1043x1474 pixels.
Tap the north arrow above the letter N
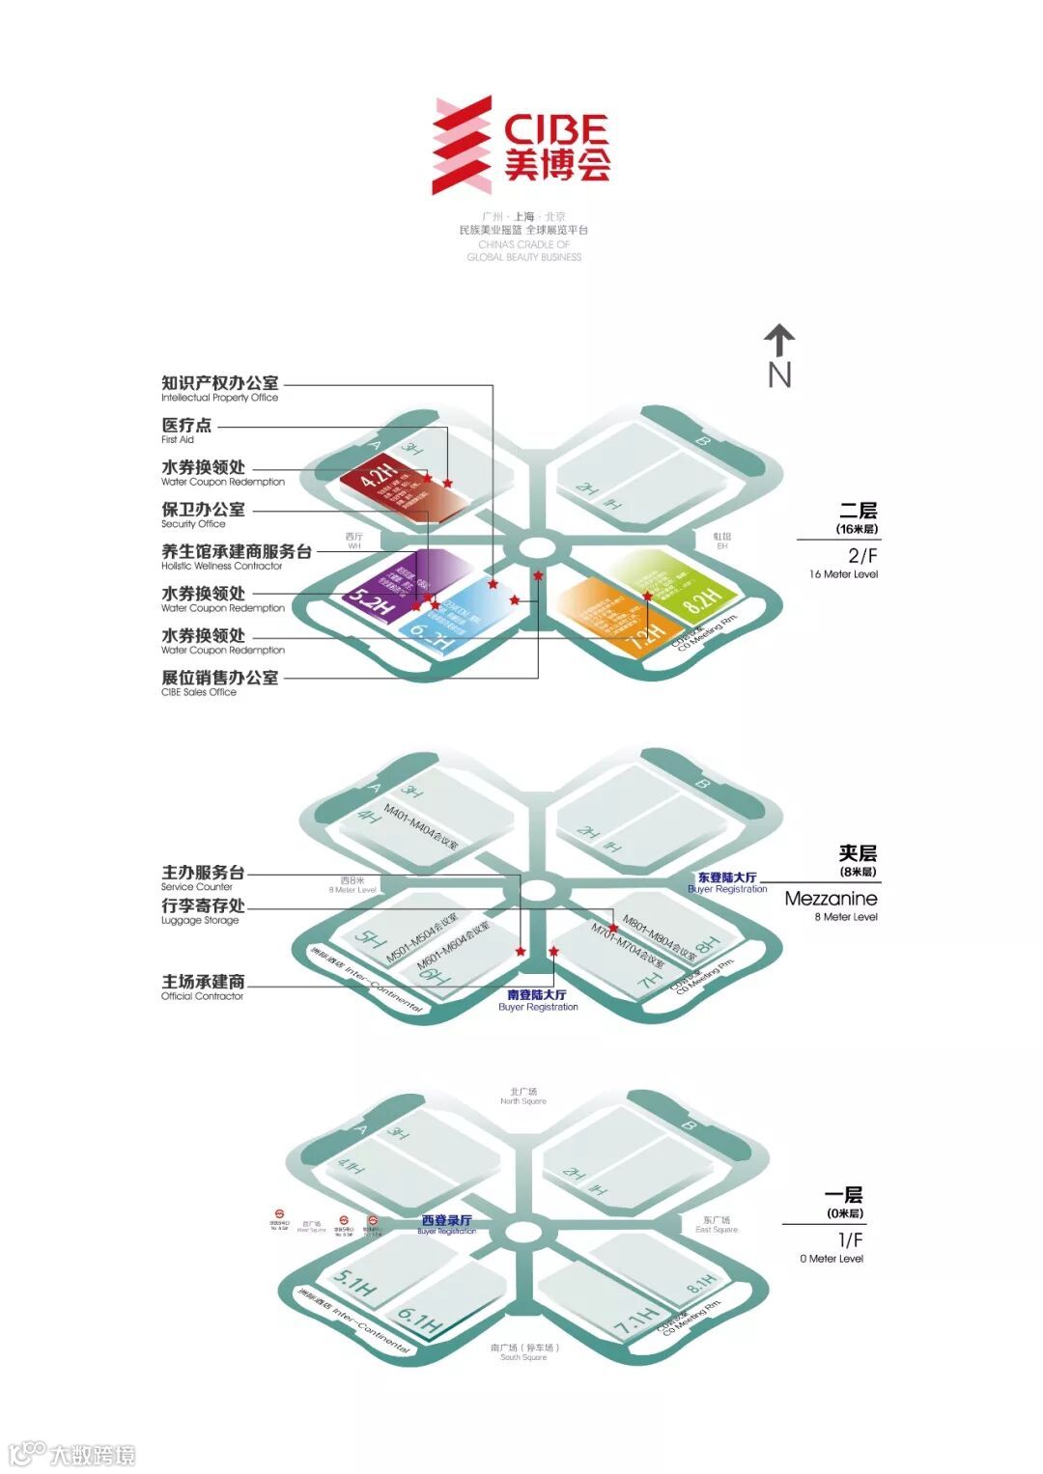tap(779, 341)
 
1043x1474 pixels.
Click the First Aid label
tap(185, 430)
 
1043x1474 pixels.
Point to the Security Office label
tap(203, 515)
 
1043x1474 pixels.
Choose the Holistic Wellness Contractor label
tap(236, 557)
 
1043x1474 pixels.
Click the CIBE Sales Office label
tap(219, 682)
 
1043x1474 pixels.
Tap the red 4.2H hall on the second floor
tap(396, 487)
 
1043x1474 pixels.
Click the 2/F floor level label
tap(861, 555)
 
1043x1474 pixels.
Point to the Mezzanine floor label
tap(831, 899)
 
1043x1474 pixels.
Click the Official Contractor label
tap(203, 987)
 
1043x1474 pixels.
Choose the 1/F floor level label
tap(850, 1239)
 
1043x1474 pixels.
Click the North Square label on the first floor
tap(523, 1096)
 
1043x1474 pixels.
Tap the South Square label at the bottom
tap(523, 1351)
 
